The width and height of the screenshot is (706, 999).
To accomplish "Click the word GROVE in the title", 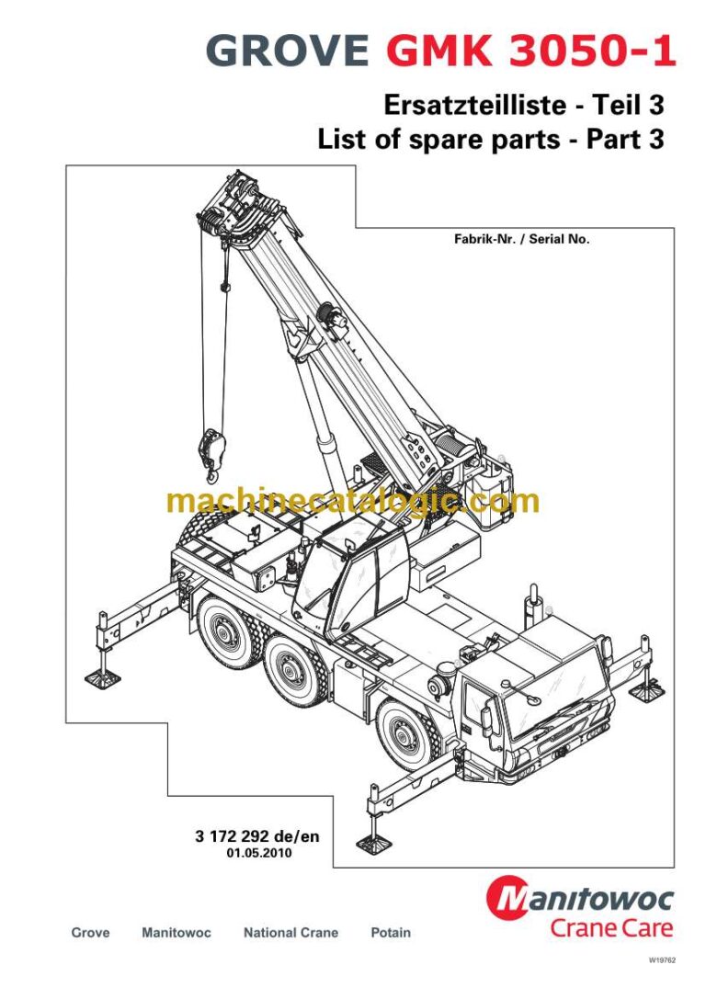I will click(x=289, y=50).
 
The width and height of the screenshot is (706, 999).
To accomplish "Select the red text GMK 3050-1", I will click(x=530, y=50).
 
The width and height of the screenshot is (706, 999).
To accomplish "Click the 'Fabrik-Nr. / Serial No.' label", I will click(x=521, y=239).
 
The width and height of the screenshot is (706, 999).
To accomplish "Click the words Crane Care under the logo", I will click(x=611, y=927).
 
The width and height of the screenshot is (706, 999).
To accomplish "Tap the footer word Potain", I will click(x=391, y=933).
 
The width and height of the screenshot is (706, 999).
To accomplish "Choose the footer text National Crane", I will click(x=290, y=933).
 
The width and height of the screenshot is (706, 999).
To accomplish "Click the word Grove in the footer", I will click(x=90, y=933).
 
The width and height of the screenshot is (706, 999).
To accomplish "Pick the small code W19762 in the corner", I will click(x=662, y=960).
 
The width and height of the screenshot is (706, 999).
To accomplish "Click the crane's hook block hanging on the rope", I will click(x=210, y=451).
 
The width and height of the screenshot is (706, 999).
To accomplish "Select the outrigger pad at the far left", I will click(x=102, y=677).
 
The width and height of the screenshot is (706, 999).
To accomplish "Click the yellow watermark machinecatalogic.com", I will click(x=353, y=502).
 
